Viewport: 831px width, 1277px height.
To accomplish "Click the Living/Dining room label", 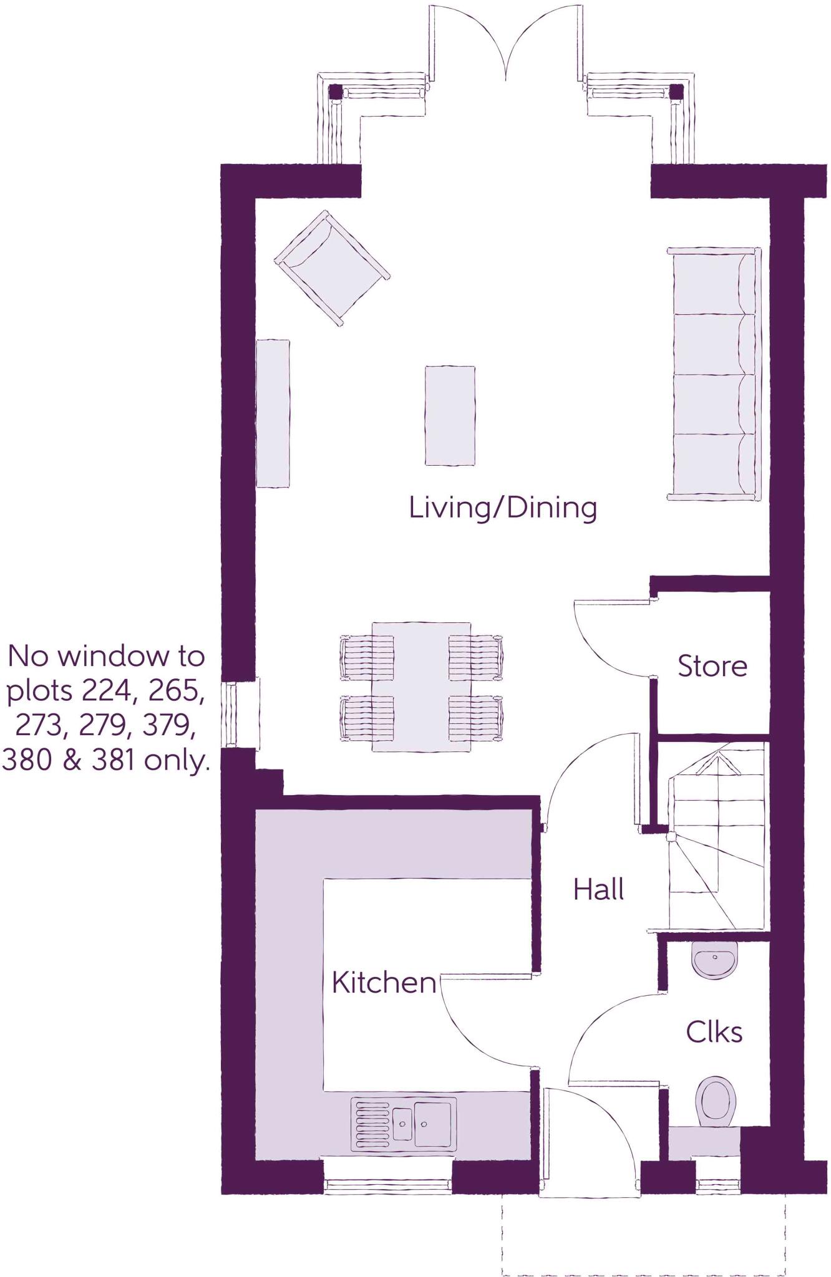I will [503, 508].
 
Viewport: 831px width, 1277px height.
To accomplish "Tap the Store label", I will [712, 666].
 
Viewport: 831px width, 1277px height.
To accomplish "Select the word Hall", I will [598, 889].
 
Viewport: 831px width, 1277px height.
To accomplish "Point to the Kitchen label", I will [384, 983].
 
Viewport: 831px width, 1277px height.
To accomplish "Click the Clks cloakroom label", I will [714, 1032].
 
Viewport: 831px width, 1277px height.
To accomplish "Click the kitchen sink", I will [404, 1124].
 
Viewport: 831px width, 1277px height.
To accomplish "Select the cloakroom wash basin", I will [714, 961].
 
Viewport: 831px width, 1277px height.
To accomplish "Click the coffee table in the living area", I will [450, 415].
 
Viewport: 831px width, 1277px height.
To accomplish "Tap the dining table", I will [421, 686].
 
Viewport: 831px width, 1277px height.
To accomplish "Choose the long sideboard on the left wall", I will [273, 413].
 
